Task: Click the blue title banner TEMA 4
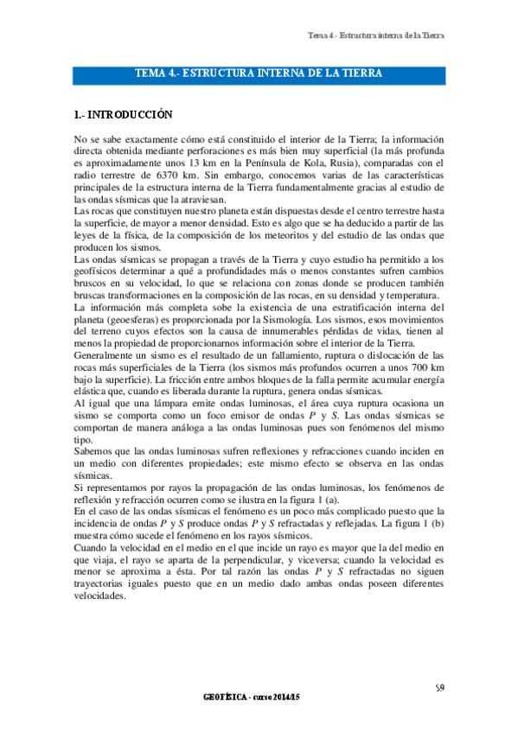(x=259, y=74)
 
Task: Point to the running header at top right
(x=375, y=35)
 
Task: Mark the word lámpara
(x=146, y=405)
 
